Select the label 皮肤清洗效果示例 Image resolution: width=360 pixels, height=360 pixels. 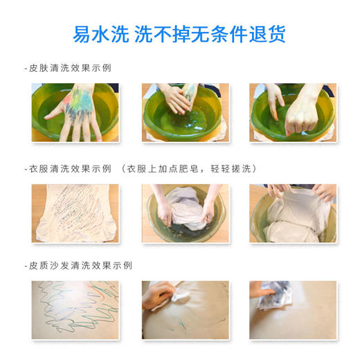pos(69,68)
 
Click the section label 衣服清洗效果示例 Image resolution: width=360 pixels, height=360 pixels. pos(69,168)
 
